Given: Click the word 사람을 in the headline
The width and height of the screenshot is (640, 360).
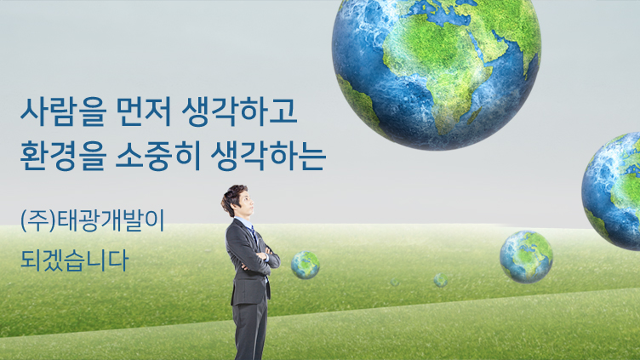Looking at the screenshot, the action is pos(63,111).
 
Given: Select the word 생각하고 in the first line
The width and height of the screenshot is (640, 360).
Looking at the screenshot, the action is pos(239,111).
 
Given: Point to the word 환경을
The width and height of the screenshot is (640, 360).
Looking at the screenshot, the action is pos(63,157).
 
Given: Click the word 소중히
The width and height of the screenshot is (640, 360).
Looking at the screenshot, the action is pos(158,157).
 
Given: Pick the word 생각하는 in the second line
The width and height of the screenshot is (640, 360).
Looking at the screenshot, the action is pos(268,157).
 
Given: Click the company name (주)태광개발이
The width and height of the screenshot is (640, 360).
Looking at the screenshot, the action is pos(93,220).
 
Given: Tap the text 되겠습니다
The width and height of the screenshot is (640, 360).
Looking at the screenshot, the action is pos(75,260).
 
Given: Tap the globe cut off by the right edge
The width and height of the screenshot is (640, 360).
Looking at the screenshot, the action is pos(611,191).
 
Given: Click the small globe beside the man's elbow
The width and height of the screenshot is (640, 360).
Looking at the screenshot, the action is pos(306,265).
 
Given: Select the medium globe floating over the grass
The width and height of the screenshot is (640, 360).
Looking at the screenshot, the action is pos(526,257).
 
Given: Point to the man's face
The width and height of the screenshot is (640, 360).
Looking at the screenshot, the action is pos(246,203).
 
